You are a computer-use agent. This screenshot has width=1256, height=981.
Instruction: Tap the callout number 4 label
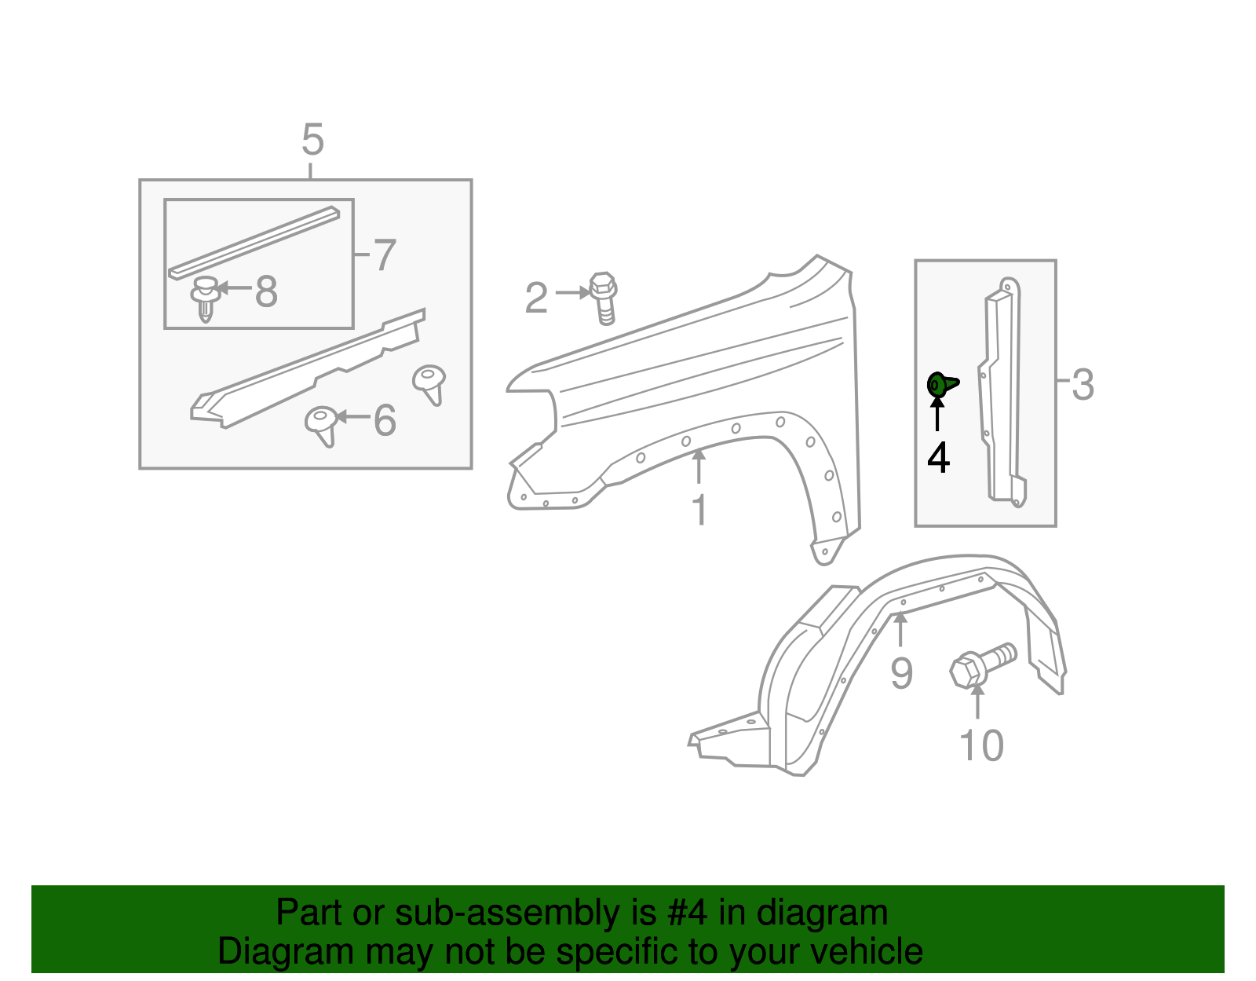[938, 457]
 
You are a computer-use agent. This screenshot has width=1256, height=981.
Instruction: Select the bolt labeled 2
[603, 298]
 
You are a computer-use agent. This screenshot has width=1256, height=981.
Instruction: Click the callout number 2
[536, 298]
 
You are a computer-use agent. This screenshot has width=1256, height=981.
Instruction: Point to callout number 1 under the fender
[699, 510]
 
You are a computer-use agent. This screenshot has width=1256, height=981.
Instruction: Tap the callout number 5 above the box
[312, 141]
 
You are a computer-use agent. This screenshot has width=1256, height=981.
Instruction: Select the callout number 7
[384, 255]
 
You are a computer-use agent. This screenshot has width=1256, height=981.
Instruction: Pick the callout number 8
[267, 291]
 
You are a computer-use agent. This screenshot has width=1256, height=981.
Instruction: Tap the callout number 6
[385, 420]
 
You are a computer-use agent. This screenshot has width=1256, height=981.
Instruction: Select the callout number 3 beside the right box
[1083, 385]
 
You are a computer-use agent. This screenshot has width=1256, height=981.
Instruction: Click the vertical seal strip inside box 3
[1002, 393]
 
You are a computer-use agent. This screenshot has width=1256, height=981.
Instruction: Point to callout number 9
[901, 673]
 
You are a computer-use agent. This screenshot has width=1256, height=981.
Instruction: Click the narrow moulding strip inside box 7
[255, 242]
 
